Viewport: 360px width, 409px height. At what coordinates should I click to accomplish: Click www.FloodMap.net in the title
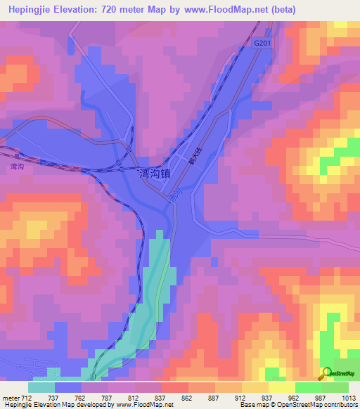219,10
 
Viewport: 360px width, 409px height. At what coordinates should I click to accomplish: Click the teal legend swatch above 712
41,387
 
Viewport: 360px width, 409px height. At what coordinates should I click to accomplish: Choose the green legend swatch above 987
308,387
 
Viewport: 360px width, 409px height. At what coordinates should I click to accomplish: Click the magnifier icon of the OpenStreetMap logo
326,373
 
